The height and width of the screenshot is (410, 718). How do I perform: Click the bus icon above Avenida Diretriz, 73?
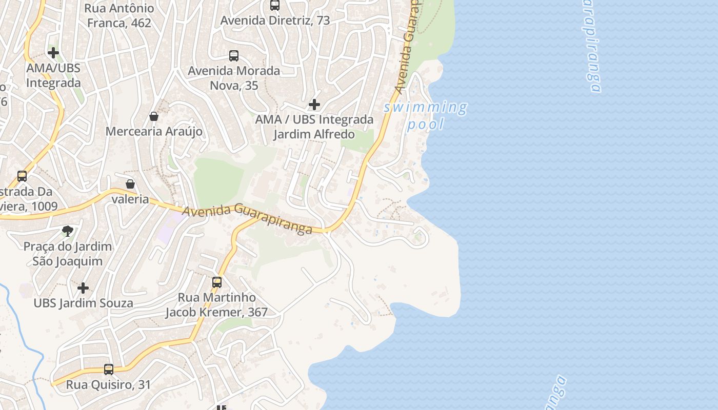click(275, 5)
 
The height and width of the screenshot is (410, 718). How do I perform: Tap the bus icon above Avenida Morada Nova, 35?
click(234, 55)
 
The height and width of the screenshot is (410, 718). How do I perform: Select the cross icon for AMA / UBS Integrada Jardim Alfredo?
click(314, 105)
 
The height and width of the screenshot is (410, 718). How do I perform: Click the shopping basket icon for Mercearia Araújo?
click(153, 116)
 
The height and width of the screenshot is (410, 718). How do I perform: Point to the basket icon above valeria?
click(130, 183)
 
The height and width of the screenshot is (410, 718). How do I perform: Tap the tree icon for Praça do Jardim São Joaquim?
click(67, 231)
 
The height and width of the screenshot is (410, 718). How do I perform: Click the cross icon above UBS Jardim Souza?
click(83, 288)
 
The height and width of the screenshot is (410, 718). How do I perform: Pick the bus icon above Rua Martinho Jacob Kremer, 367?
click(217, 282)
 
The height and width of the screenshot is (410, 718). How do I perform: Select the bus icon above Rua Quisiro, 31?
click(109, 369)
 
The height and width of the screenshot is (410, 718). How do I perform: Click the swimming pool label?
click(425, 115)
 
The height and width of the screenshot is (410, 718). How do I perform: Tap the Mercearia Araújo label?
click(154, 131)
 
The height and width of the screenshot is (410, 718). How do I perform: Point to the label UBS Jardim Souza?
click(83, 303)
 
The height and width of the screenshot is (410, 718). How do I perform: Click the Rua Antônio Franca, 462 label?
click(119, 15)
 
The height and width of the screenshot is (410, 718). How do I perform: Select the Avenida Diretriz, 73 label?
click(275, 20)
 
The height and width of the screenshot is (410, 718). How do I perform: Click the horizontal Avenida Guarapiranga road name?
click(247, 218)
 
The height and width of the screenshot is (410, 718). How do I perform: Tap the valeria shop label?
click(130, 199)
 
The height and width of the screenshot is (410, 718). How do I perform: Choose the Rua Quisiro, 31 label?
click(109, 384)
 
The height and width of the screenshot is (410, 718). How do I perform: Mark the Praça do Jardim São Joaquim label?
click(67, 254)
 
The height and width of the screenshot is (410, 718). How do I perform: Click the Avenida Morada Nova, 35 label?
click(234, 78)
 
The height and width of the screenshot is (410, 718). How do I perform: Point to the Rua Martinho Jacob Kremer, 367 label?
click(216, 304)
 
